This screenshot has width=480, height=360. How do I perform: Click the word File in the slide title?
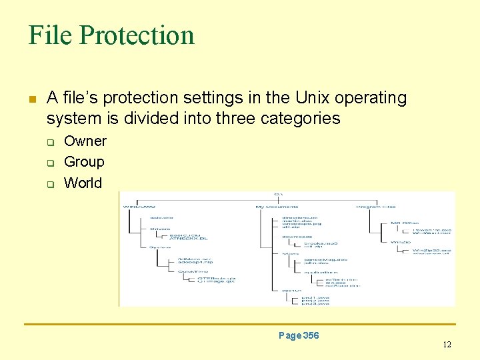[50, 35]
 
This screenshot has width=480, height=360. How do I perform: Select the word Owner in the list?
[85, 141]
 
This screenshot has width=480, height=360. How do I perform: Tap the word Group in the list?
[84, 162]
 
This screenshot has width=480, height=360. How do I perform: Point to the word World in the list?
[83, 183]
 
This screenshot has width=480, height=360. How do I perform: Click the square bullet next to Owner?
[49, 142]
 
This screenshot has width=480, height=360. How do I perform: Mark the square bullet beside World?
[49, 184]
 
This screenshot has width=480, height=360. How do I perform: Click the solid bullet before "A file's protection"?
[31, 99]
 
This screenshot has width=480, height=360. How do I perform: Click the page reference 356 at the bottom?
[310, 335]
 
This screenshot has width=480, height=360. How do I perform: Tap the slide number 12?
[447, 345]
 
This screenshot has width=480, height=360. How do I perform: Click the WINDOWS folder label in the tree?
[139, 207]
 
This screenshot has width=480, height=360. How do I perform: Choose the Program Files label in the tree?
[376, 207]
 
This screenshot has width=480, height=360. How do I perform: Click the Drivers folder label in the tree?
[160, 229]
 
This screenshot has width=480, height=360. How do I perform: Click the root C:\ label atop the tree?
[279, 194]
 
